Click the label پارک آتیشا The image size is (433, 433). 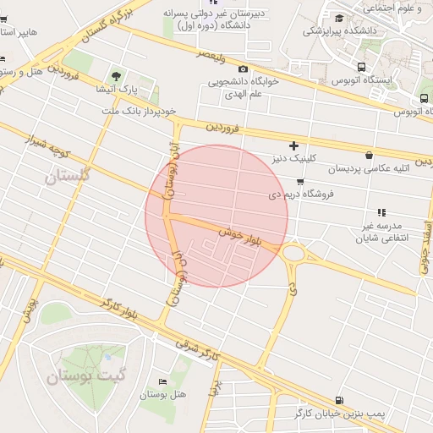tap(117, 89)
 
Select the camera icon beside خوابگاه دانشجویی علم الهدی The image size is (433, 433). tap(244, 69)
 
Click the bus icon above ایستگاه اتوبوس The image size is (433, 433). tap(362, 67)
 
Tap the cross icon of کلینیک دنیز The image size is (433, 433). tap(294, 145)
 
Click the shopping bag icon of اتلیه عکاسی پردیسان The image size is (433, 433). tap(369, 155)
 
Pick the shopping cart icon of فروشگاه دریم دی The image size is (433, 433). tap(300, 181)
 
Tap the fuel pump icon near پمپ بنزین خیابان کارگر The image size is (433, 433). tap(339, 399)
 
